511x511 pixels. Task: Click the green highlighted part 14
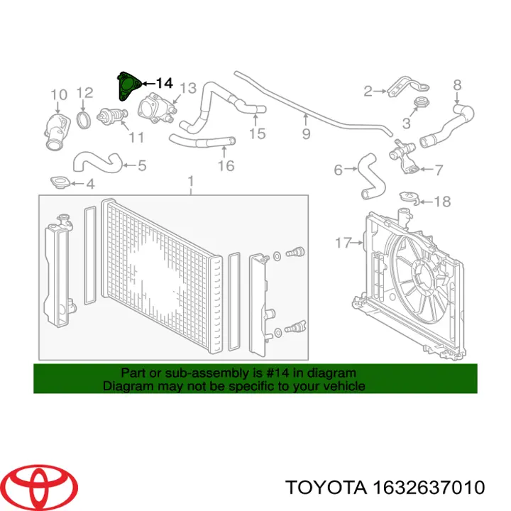(x=128, y=86)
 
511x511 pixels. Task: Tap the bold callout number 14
(x=164, y=84)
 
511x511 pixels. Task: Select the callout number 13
(x=188, y=88)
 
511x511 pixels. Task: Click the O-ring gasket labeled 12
(x=84, y=119)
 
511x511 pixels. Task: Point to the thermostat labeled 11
(x=112, y=116)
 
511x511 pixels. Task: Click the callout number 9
(x=306, y=133)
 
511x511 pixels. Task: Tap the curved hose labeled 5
(x=97, y=161)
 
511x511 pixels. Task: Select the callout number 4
(x=90, y=184)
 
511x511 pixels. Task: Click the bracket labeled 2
(x=407, y=86)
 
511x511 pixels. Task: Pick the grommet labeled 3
(x=421, y=102)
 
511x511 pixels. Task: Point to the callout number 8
(x=457, y=85)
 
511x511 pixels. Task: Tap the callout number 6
(x=339, y=170)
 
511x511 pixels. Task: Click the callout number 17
(x=344, y=243)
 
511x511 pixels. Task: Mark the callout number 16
(x=226, y=165)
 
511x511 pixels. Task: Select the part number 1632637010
(x=429, y=488)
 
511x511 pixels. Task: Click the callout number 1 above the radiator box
(x=191, y=182)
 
